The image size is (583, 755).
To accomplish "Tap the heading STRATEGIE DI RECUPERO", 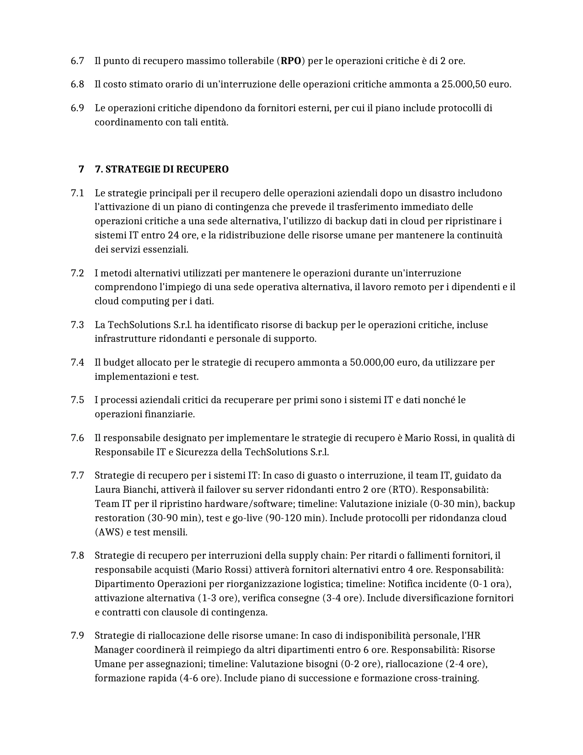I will coord(161,169).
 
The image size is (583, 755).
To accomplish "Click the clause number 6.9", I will coord(77,108).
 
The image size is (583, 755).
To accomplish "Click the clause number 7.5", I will coord(77,400).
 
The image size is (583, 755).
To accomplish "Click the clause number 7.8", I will coord(77,555).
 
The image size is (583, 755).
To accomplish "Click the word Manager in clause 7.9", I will coord(114,650).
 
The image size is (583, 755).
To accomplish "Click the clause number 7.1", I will coord(77,193).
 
